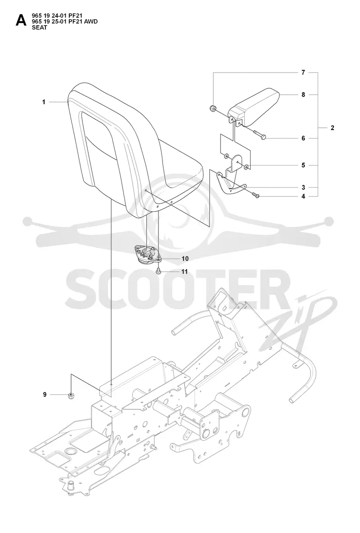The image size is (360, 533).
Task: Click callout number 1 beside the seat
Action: [x=44, y=102]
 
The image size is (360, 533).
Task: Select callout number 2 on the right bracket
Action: [x=333, y=128]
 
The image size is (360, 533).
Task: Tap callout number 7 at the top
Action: [x=303, y=72]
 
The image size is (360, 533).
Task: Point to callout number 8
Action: [x=303, y=94]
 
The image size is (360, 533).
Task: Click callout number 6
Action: [x=303, y=139]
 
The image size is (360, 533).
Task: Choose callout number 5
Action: [x=303, y=165]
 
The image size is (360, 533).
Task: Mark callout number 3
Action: [x=303, y=187]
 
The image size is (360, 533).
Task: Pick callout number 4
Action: [x=303, y=196]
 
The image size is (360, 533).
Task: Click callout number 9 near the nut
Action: [x=45, y=394]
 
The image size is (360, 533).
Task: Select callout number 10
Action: [x=185, y=259]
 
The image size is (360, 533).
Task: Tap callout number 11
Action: [x=184, y=272]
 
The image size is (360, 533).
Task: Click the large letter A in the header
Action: [x=21, y=21]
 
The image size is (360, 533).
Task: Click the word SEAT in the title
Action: [x=40, y=28]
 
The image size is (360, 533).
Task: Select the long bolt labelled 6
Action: [x=259, y=134]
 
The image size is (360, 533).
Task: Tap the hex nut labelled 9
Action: [x=72, y=395]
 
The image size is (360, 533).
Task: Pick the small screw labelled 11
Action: [x=158, y=271]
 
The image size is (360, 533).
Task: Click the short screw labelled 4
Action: [x=256, y=195]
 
